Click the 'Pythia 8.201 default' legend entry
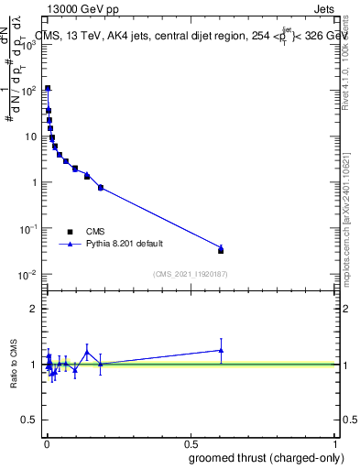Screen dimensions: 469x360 [123, 245]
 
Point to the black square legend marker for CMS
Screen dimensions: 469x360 [70, 232]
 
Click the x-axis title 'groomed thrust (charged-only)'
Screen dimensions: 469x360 [260, 457]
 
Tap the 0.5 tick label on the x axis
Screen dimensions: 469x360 [191, 442]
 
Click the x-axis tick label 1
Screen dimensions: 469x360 [335, 442]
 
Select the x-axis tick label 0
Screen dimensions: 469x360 [47, 442]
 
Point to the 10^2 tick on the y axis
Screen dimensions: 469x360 [28, 91]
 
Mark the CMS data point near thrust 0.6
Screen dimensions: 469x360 [221, 250]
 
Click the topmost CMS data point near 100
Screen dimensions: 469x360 [48, 89]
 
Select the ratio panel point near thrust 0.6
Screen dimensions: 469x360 [221, 350]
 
